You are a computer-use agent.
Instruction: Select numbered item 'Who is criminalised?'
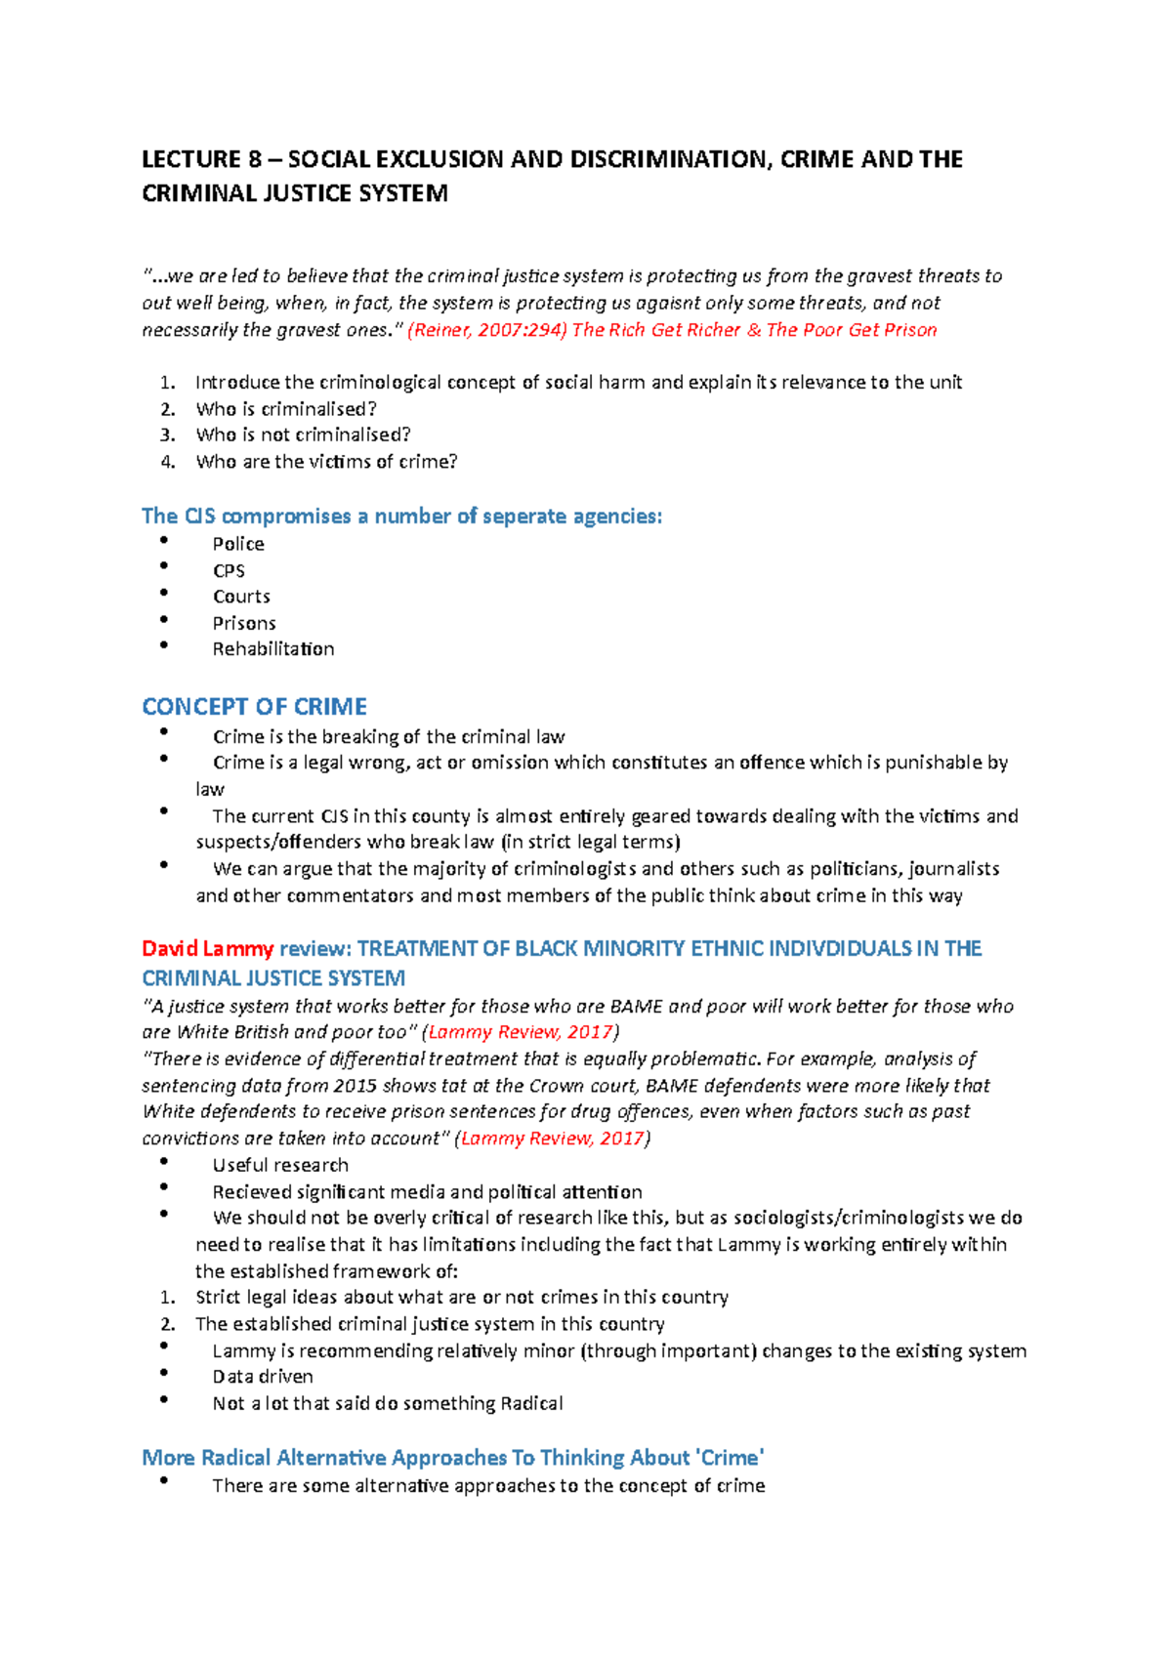[286, 409]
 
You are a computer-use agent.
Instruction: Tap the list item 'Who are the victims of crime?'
[326, 462]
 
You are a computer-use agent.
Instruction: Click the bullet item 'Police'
[238, 544]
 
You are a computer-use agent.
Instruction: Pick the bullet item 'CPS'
[229, 570]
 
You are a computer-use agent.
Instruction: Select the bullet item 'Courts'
[241, 597]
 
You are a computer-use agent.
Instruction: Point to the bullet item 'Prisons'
[244, 623]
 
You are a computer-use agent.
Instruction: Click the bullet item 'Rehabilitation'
[273, 649]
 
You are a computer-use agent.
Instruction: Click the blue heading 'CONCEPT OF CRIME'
[254, 706]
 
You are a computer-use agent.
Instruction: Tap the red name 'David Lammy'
[207, 948]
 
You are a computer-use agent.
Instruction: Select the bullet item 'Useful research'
[280, 1165]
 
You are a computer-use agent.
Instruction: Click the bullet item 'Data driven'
[263, 1377]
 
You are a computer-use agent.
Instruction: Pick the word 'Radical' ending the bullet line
[531, 1403]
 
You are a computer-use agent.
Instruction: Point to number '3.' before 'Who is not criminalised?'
[168, 435]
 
